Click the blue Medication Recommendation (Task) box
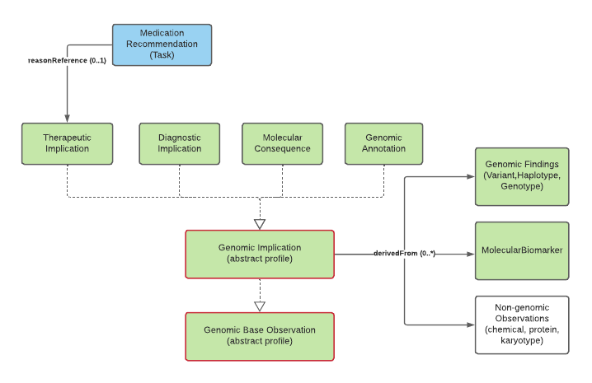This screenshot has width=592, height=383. point(162,44)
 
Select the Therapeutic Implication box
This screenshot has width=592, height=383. point(67,143)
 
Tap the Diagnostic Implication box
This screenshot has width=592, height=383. point(180,143)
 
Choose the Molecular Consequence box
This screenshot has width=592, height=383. point(282,143)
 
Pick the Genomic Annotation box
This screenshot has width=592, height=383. point(383,143)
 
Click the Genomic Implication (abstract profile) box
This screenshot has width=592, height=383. point(260,254)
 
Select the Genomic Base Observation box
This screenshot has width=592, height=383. point(260,336)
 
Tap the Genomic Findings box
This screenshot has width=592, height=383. point(522,176)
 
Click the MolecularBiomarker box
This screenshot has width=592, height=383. point(522,250)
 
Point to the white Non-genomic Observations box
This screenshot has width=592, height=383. point(522,324)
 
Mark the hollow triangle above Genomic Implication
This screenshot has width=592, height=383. point(260,223)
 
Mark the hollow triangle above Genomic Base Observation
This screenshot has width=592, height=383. point(260,306)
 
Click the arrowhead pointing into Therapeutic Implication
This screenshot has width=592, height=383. point(67,119)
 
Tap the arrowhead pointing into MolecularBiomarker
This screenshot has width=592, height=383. point(470,254)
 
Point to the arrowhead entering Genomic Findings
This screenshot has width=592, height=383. point(470,176)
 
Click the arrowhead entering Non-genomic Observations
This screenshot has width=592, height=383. point(470,324)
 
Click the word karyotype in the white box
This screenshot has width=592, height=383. point(522,340)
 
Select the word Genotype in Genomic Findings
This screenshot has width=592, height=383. point(522,188)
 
